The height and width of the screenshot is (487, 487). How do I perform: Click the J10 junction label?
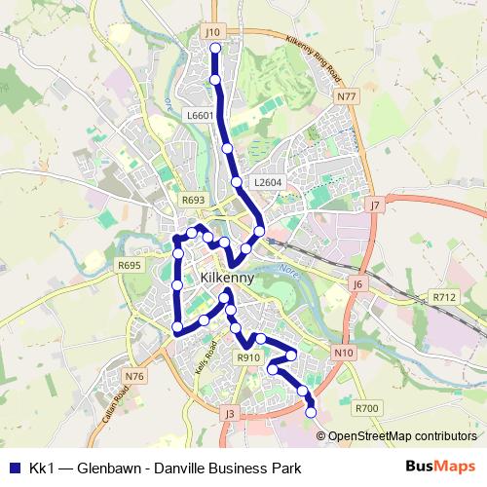coord(214,32)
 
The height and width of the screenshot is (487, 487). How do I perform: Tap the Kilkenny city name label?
coord(226,278)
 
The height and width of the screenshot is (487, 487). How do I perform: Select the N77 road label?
coord(345,96)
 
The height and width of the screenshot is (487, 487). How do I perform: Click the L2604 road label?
coord(266,182)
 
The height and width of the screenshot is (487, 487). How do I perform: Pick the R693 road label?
coord(193,200)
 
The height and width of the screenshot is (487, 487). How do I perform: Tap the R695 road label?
coord(129,265)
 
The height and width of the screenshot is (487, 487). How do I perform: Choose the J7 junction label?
coord(374,206)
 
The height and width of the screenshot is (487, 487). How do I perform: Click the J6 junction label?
coord(357,284)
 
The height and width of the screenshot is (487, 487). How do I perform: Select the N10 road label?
coord(342,352)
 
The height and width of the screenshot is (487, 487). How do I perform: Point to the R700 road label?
coord(366,409)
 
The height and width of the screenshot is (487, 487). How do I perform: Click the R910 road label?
coord(248,358)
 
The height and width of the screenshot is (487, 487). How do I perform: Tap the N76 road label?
coord(134,376)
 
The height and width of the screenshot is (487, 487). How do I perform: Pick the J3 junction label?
coord(230,414)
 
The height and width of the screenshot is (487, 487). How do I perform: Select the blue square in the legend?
coord(14,468)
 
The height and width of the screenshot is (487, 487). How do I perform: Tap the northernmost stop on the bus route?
coord(215,48)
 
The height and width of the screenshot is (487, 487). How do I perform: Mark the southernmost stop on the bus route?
coord(312,412)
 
